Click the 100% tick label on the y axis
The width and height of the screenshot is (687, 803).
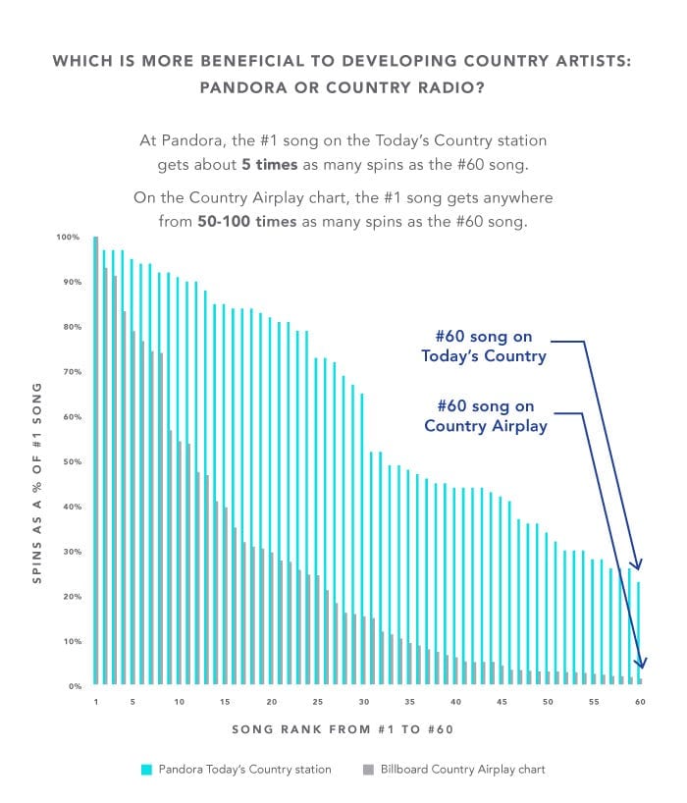(x=68, y=237)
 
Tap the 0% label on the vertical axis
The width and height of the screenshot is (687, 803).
(x=73, y=685)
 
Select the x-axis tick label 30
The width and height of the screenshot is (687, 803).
(x=363, y=702)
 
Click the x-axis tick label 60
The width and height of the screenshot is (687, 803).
(x=640, y=702)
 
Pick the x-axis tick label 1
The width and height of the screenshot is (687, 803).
(x=96, y=702)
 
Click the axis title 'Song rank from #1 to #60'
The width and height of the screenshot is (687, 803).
(x=343, y=729)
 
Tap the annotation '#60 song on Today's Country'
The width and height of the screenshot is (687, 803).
(x=483, y=347)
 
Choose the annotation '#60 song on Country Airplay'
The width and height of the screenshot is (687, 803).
(x=483, y=415)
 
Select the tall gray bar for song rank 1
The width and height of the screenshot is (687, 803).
(x=95, y=461)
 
